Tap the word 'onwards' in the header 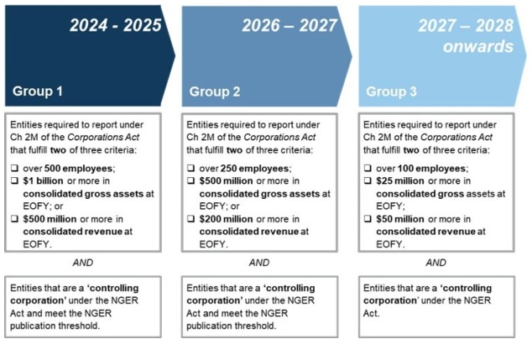pos(477,47)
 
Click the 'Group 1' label pos(38,91)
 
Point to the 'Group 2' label pos(215,91)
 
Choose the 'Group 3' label pos(392,91)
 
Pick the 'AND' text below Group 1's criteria pos(82,263)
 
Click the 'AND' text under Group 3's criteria pos(436,263)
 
